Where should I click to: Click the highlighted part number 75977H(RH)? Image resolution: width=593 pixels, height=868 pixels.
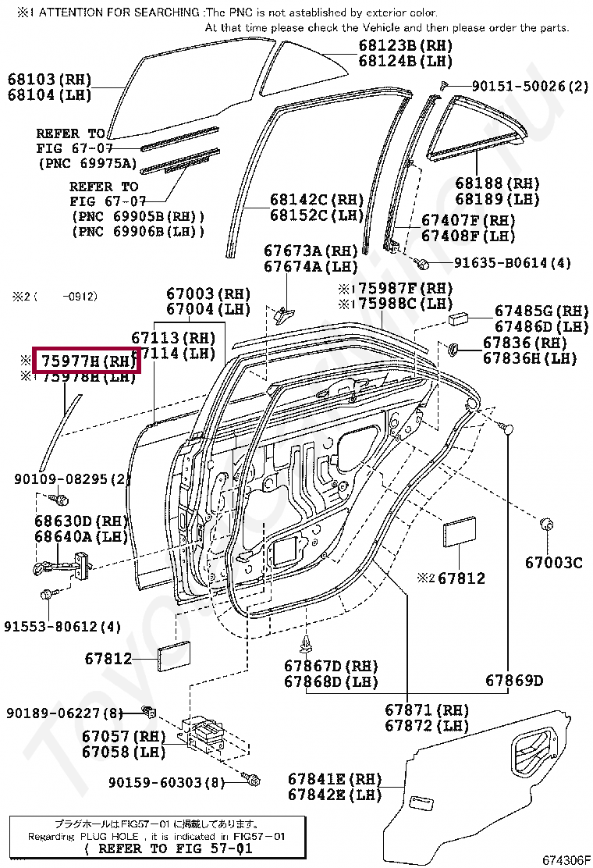click(x=86, y=361)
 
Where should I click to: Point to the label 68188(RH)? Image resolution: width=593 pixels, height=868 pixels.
click(x=497, y=183)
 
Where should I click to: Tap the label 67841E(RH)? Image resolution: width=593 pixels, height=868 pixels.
click(x=334, y=779)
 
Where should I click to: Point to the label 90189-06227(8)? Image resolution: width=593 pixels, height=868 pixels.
click(x=65, y=713)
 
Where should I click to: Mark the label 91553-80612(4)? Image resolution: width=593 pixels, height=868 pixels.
click(x=62, y=626)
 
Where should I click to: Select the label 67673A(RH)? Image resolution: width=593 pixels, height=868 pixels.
click(x=310, y=251)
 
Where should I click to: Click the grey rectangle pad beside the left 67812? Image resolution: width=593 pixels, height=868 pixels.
click(x=172, y=657)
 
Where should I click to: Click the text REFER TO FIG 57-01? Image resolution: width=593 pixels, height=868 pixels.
click(x=168, y=848)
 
